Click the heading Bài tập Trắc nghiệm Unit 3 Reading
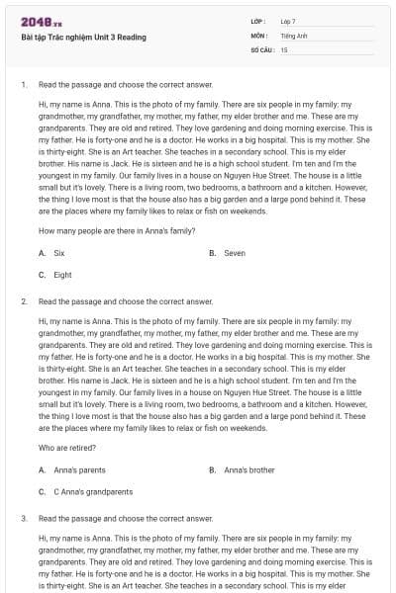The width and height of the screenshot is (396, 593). (x=83, y=38)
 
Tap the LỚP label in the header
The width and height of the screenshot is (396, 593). (x=259, y=21)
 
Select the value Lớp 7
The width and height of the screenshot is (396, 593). (x=288, y=21)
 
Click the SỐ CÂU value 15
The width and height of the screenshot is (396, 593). (x=284, y=49)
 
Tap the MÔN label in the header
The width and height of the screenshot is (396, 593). (x=260, y=35)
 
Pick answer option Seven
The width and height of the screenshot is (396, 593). (x=235, y=253)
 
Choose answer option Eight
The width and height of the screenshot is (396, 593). (x=62, y=275)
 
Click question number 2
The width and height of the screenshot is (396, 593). (x=23, y=300)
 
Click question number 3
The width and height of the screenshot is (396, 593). (x=23, y=517)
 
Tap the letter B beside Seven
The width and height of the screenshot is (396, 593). (x=213, y=253)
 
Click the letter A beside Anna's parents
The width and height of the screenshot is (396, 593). (x=42, y=469)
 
